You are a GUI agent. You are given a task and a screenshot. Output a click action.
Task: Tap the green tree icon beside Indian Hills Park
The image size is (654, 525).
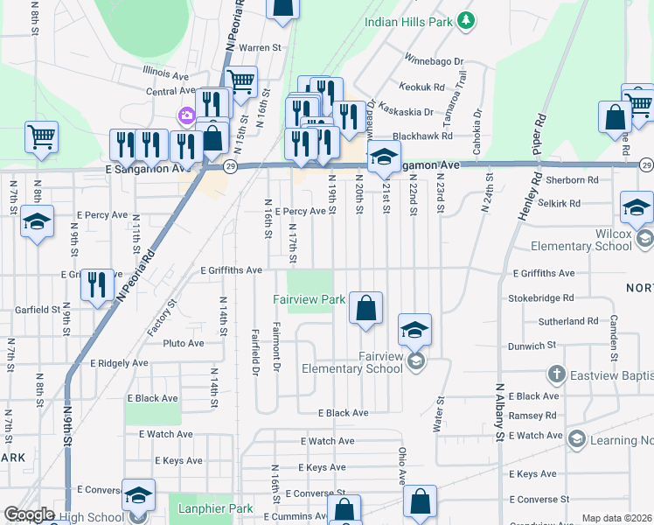coord(467,18)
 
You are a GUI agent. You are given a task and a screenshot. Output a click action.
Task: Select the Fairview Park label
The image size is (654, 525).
coord(309,299)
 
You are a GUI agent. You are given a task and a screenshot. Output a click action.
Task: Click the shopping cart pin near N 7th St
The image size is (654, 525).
coord(41,136)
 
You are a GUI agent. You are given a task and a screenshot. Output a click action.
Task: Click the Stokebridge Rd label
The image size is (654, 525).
coord(540,297)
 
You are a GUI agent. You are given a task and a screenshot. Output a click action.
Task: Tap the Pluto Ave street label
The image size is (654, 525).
coord(183,344)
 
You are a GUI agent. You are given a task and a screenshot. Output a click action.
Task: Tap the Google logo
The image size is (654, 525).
coord(29,514)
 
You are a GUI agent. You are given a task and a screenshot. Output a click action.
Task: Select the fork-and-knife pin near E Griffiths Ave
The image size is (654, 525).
coord(97,283)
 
